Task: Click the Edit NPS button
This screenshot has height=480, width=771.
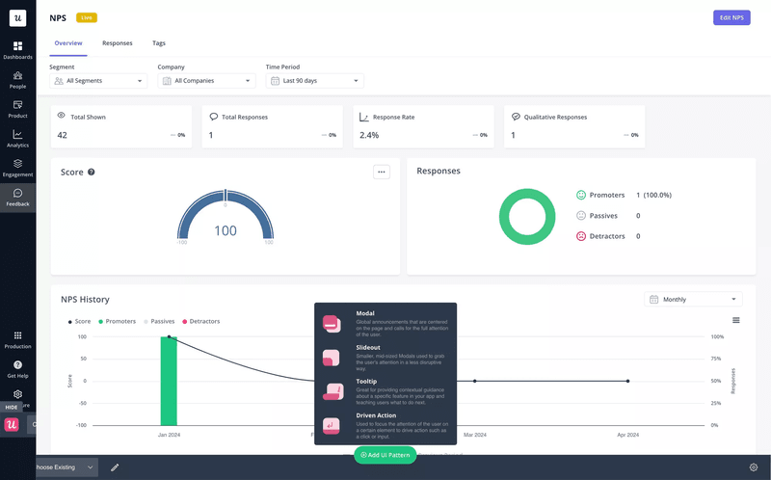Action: coord(731,17)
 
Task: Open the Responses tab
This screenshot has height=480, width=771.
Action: coord(118,43)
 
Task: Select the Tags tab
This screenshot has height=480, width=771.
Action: coord(159,43)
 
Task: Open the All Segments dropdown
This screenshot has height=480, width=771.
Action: coord(98,81)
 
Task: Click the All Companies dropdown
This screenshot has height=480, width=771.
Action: coord(207,81)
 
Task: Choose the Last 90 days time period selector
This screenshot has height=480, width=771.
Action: coord(315,81)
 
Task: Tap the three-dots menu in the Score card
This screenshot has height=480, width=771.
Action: coord(382,172)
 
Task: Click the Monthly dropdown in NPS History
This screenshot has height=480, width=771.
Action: coord(694,300)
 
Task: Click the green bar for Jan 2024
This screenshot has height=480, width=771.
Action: coord(169,381)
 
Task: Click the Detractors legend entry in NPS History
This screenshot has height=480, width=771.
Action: coord(201,321)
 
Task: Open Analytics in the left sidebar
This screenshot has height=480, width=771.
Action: coord(17,139)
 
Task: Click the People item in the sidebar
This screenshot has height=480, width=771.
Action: coord(17,80)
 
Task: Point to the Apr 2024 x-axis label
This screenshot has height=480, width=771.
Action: coord(628,435)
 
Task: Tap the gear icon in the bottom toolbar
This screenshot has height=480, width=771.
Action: coord(754,467)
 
